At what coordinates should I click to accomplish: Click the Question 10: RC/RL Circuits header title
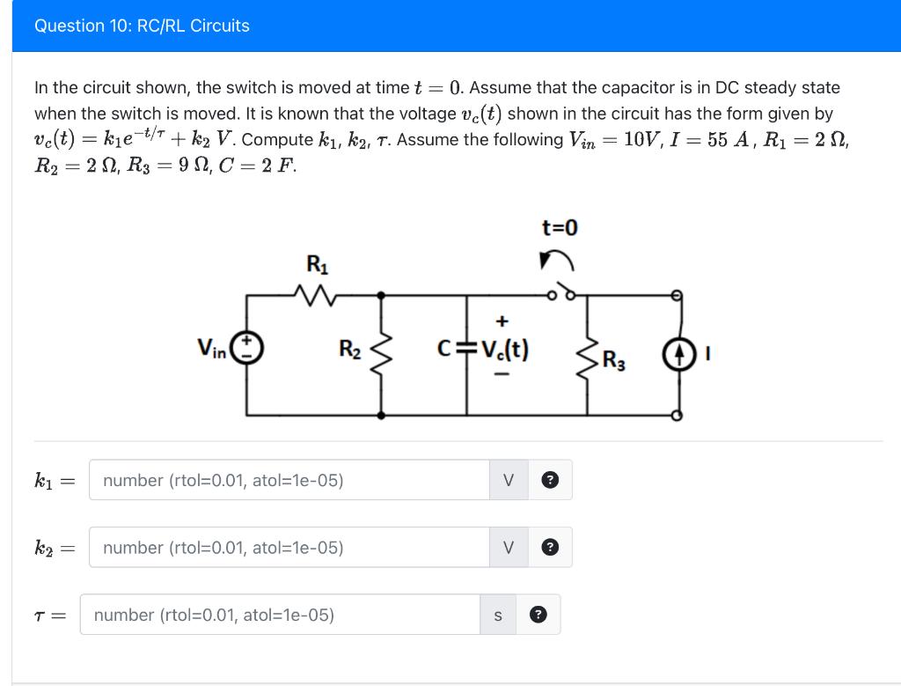pyautogui.click(x=142, y=26)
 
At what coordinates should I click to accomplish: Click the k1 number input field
pyautogui.click(x=289, y=480)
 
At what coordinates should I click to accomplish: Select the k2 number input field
pyautogui.click(x=289, y=548)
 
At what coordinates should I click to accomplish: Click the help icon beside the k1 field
pyautogui.click(x=550, y=480)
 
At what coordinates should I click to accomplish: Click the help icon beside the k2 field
pyautogui.click(x=550, y=548)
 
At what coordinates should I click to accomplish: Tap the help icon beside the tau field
pyautogui.click(x=538, y=615)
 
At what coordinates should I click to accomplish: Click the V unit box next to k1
pyautogui.click(x=508, y=480)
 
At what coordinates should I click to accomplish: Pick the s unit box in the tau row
pyautogui.click(x=497, y=615)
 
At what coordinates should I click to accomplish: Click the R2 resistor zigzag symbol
pyautogui.click(x=382, y=352)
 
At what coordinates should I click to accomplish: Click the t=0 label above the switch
pyautogui.click(x=560, y=228)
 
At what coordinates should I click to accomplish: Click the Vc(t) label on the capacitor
pyautogui.click(x=503, y=350)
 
